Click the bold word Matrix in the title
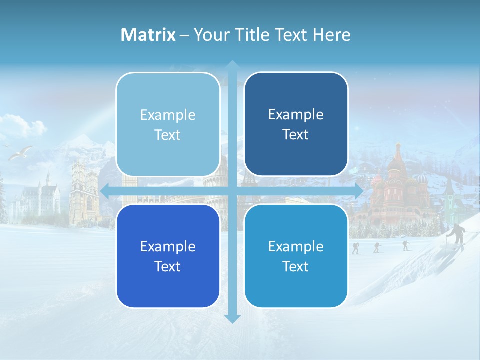click(148, 35)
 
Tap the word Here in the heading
click(332, 35)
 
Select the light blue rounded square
click(168, 124)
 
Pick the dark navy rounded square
click(296, 124)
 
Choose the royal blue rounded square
click(168, 256)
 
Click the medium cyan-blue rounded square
click(296, 256)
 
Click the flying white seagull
click(21, 152)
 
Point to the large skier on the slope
click(457, 235)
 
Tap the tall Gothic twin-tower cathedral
click(83, 190)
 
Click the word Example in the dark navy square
click(296, 114)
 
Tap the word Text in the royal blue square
click(168, 266)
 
